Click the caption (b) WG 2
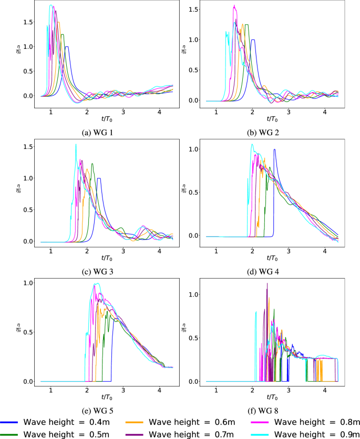pyautogui.click(x=270, y=131)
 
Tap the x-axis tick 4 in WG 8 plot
pyautogui.click(x=325, y=389)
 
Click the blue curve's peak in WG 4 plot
pyautogui.click(x=274, y=149)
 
